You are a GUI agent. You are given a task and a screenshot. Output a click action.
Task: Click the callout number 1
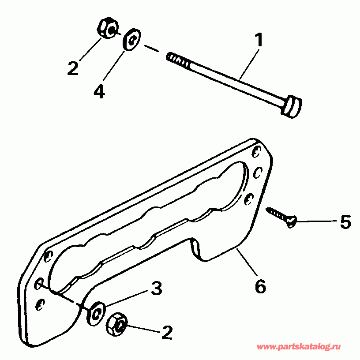pyautogui.click(x=259, y=41)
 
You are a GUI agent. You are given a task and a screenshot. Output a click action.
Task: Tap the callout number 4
pyautogui.click(x=99, y=91)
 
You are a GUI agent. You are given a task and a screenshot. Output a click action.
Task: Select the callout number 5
pyautogui.click(x=345, y=221)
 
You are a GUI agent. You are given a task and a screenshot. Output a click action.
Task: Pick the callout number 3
pyautogui.click(x=156, y=289)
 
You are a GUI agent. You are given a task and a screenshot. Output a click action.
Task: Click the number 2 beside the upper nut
pyautogui.click(x=73, y=68)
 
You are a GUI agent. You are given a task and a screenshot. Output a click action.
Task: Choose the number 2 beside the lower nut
pyautogui.click(x=166, y=333)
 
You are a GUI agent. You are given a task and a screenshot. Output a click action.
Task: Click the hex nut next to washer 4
pyautogui.click(x=106, y=29)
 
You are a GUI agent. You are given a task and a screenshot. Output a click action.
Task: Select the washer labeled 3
pyautogui.click(x=96, y=312)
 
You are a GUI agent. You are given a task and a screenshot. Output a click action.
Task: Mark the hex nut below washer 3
pyautogui.click(x=116, y=326)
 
